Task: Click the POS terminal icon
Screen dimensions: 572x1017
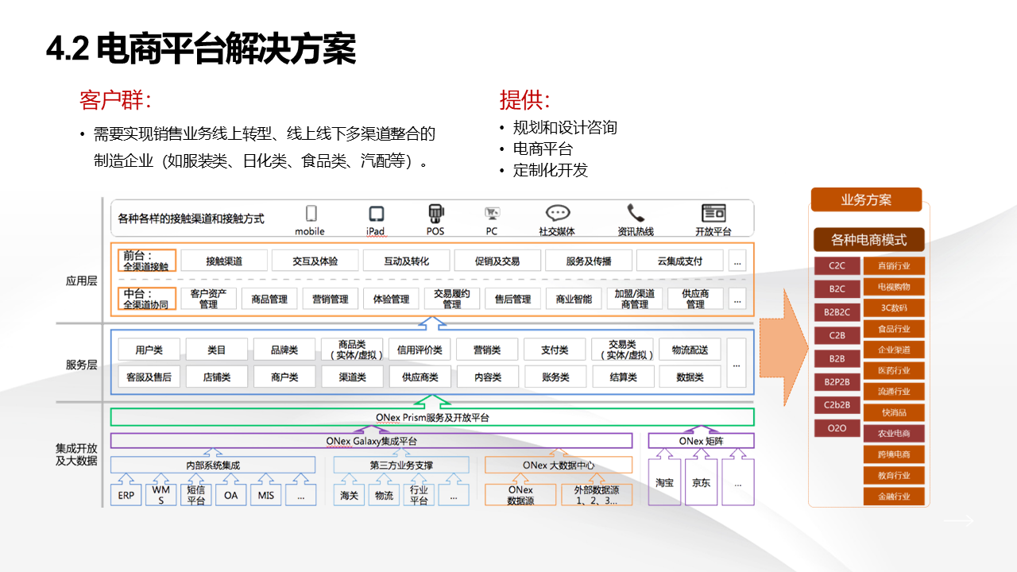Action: [x=435, y=214]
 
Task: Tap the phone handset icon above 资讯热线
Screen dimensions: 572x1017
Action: [x=636, y=213]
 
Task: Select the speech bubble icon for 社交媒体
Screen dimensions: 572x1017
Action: [x=558, y=213]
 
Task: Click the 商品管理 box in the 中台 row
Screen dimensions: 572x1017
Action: [x=269, y=299]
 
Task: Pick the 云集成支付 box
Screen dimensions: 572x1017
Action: [x=679, y=261]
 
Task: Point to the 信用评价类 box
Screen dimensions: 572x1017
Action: [x=420, y=350]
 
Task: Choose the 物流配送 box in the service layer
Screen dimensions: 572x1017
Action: [x=690, y=350]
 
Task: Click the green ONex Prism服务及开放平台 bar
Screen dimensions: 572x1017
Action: [x=432, y=417]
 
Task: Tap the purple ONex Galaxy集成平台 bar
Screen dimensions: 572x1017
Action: [x=371, y=441]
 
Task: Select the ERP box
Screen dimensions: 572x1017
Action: [x=126, y=496]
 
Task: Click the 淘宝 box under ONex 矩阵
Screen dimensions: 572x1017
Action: [x=665, y=482]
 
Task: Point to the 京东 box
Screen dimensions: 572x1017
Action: [x=702, y=482]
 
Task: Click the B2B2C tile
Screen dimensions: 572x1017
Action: [x=837, y=312]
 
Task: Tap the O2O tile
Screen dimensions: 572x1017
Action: [x=837, y=428]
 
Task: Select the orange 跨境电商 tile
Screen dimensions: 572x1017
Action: [x=894, y=454]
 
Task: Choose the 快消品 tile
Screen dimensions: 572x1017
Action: [x=894, y=412]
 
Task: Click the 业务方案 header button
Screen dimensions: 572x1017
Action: [x=866, y=199]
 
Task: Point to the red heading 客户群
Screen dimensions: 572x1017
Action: [x=115, y=101]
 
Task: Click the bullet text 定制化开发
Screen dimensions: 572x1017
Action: [x=551, y=170]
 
